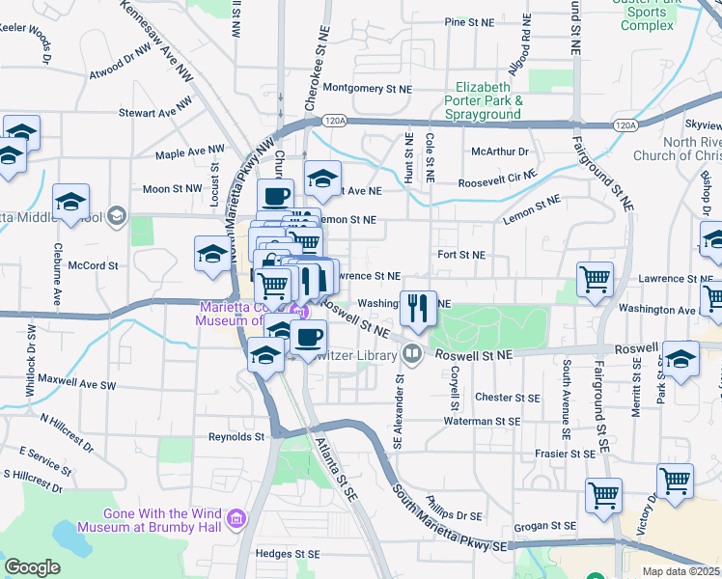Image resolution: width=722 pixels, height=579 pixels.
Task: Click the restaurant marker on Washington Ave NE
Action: coord(418,309)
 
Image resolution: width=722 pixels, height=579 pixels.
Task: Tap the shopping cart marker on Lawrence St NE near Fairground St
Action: coord(596,280)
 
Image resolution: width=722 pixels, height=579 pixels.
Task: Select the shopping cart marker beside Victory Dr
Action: coord(675,481)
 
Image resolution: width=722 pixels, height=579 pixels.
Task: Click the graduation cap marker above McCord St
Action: coord(212,254)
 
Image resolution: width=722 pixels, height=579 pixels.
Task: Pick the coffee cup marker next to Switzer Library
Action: coord(308,338)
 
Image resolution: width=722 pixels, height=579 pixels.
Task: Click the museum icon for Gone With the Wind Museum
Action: coord(236,521)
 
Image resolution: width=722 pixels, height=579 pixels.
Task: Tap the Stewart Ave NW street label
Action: coord(149,113)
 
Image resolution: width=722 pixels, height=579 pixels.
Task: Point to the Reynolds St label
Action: coord(236,437)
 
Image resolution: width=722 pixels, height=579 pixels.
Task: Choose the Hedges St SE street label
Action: coord(287,554)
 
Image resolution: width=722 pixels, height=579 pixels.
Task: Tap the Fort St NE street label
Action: coord(460,255)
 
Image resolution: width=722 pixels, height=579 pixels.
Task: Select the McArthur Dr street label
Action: coord(500,152)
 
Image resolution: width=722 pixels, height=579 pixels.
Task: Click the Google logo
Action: coord(32,567)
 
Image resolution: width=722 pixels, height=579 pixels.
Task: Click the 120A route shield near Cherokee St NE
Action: coord(334,121)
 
